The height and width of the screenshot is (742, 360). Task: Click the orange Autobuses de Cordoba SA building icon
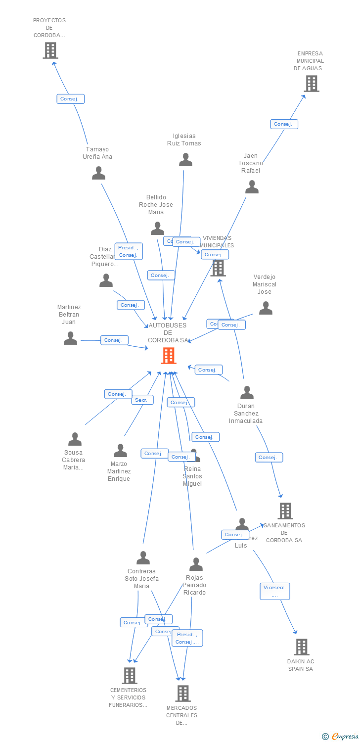tap(169, 356)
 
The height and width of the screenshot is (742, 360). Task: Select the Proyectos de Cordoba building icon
tap(50, 50)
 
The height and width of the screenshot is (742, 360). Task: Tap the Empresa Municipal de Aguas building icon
tap(311, 84)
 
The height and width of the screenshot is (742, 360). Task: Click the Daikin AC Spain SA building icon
tap(301, 647)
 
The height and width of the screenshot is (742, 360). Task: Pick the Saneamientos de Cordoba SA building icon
tap(285, 511)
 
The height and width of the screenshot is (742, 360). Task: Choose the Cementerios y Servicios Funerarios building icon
tap(129, 675)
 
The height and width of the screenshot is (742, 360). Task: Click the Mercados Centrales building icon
tap(182, 694)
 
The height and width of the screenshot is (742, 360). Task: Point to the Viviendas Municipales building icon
tap(218, 268)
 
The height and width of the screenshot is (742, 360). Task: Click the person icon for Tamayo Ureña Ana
tap(98, 173)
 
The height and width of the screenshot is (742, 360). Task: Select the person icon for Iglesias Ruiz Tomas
tap(185, 160)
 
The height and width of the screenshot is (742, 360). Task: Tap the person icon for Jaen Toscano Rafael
tap(252, 187)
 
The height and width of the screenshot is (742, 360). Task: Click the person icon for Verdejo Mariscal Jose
tap(266, 308)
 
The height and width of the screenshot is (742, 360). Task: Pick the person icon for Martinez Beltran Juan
tap(70, 338)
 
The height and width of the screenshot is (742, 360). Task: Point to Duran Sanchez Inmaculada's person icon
tap(246, 393)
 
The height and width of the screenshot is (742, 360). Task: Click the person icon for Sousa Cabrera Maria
tap(75, 439)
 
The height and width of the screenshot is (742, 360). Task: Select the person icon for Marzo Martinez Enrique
tap(120, 451)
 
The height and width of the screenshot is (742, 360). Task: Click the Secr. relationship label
tap(142, 400)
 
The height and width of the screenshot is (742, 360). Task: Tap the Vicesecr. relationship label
tap(275, 591)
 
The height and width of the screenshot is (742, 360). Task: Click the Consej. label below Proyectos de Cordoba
tap(70, 99)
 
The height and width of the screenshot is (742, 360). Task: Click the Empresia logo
tap(341, 737)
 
